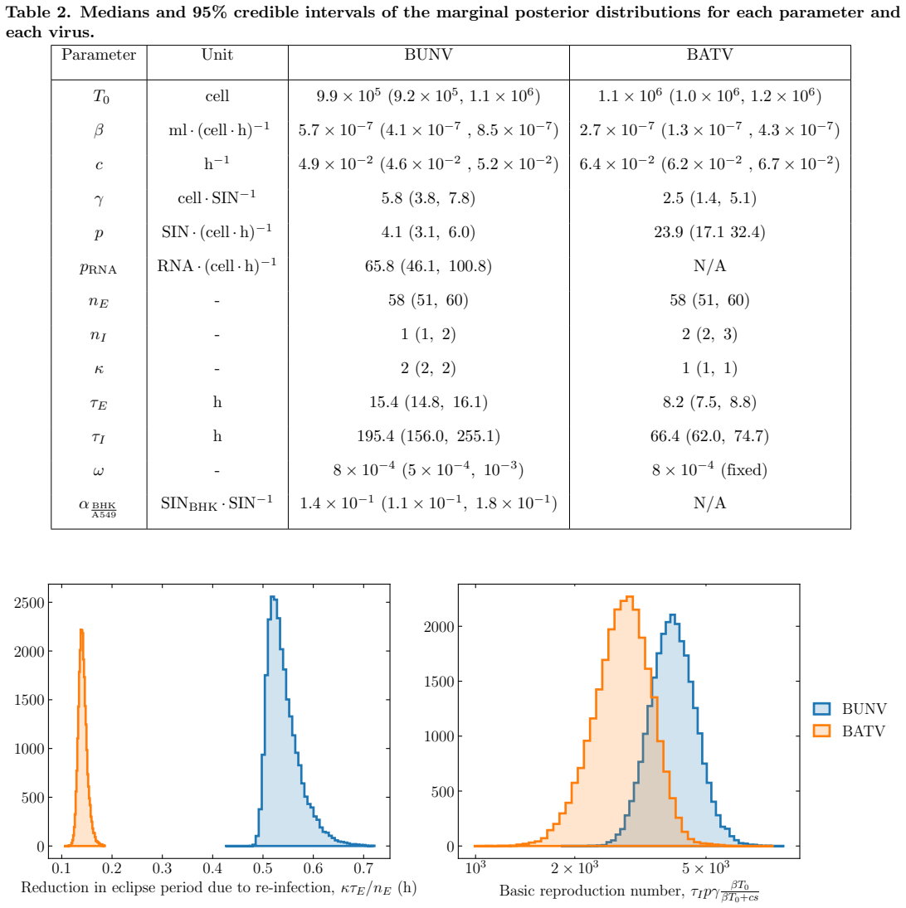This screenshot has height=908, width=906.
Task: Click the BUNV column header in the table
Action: click(x=428, y=55)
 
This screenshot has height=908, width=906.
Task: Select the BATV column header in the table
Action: click(x=709, y=55)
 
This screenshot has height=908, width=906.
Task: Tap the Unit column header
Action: click(x=217, y=55)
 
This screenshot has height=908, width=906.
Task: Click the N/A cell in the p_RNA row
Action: click(x=709, y=266)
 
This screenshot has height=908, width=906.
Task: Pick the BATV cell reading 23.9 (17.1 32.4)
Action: click(x=709, y=232)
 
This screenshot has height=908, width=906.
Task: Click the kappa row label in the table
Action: click(x=99, y=369)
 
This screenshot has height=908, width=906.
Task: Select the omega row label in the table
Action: click(x=99, y=471)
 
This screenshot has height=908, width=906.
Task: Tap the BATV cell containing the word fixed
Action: click(x=709, y=469)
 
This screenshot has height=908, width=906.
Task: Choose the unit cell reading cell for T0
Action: click(x=217, y=96)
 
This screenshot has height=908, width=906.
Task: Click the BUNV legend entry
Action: click(x=850, y=709)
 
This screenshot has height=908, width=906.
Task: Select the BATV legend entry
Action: click(x=850, y=731)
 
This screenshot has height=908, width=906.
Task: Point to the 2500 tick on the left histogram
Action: click(x=29, y=603)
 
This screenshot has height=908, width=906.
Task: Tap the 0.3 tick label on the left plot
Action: click(x=162, y=868)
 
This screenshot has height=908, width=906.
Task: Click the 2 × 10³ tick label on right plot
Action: click(x=575, y=867)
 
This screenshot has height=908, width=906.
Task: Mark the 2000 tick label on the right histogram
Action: click(x=439, y=627)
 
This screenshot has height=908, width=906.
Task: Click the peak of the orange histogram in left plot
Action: click(x=81, y=630)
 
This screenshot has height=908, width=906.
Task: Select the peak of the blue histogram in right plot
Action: click(x=672, y=615)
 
